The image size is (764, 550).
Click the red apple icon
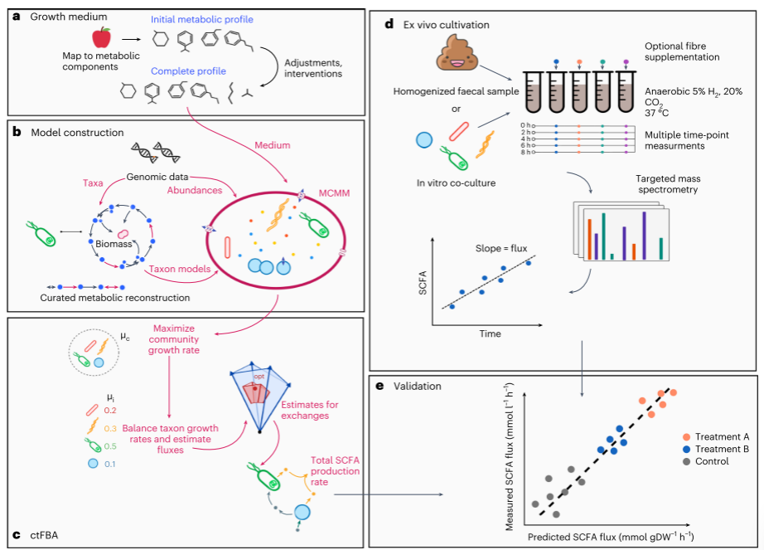tap(103, 37)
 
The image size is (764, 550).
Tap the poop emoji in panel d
tap(452, 56)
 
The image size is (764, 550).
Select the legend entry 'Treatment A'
tap(722, 437)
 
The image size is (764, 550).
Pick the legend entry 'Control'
tap(712, 461)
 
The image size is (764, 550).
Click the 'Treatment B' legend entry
tap(722, 449)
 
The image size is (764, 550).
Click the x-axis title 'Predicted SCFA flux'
tap(610, 538)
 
